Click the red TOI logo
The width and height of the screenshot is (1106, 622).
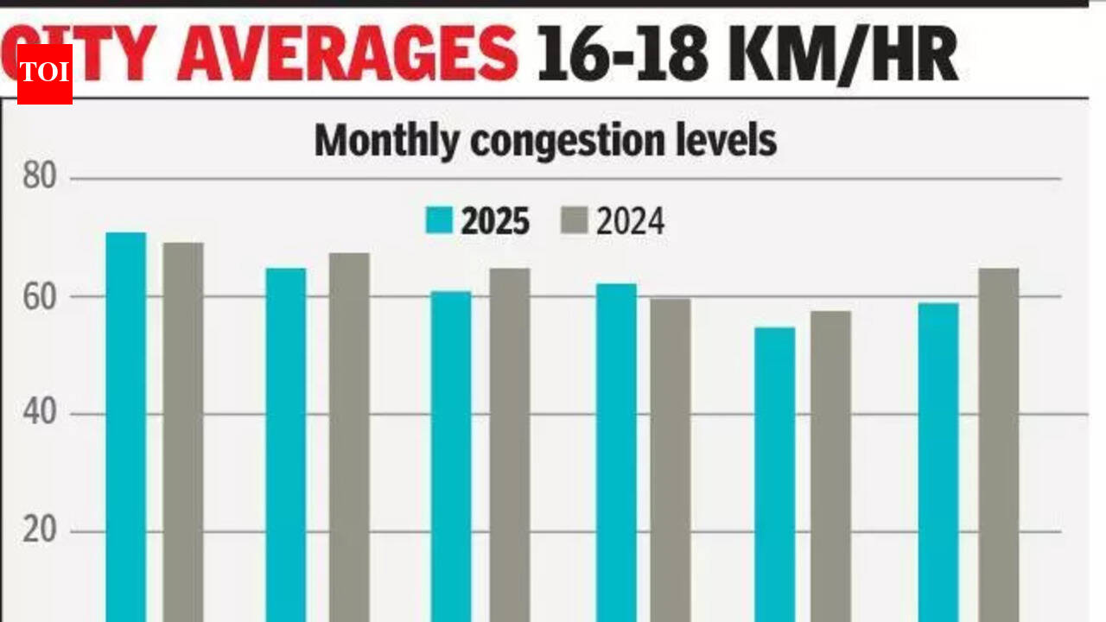tap(44, 73)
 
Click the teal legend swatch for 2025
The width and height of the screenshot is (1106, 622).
tap(438, 221)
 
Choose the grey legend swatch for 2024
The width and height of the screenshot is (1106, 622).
tap(574, 221)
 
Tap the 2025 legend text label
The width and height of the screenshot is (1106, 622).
tap(495, 222)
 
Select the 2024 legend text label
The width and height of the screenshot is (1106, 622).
tap(630, 222)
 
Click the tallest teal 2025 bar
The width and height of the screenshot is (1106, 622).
tap(126, 423)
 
